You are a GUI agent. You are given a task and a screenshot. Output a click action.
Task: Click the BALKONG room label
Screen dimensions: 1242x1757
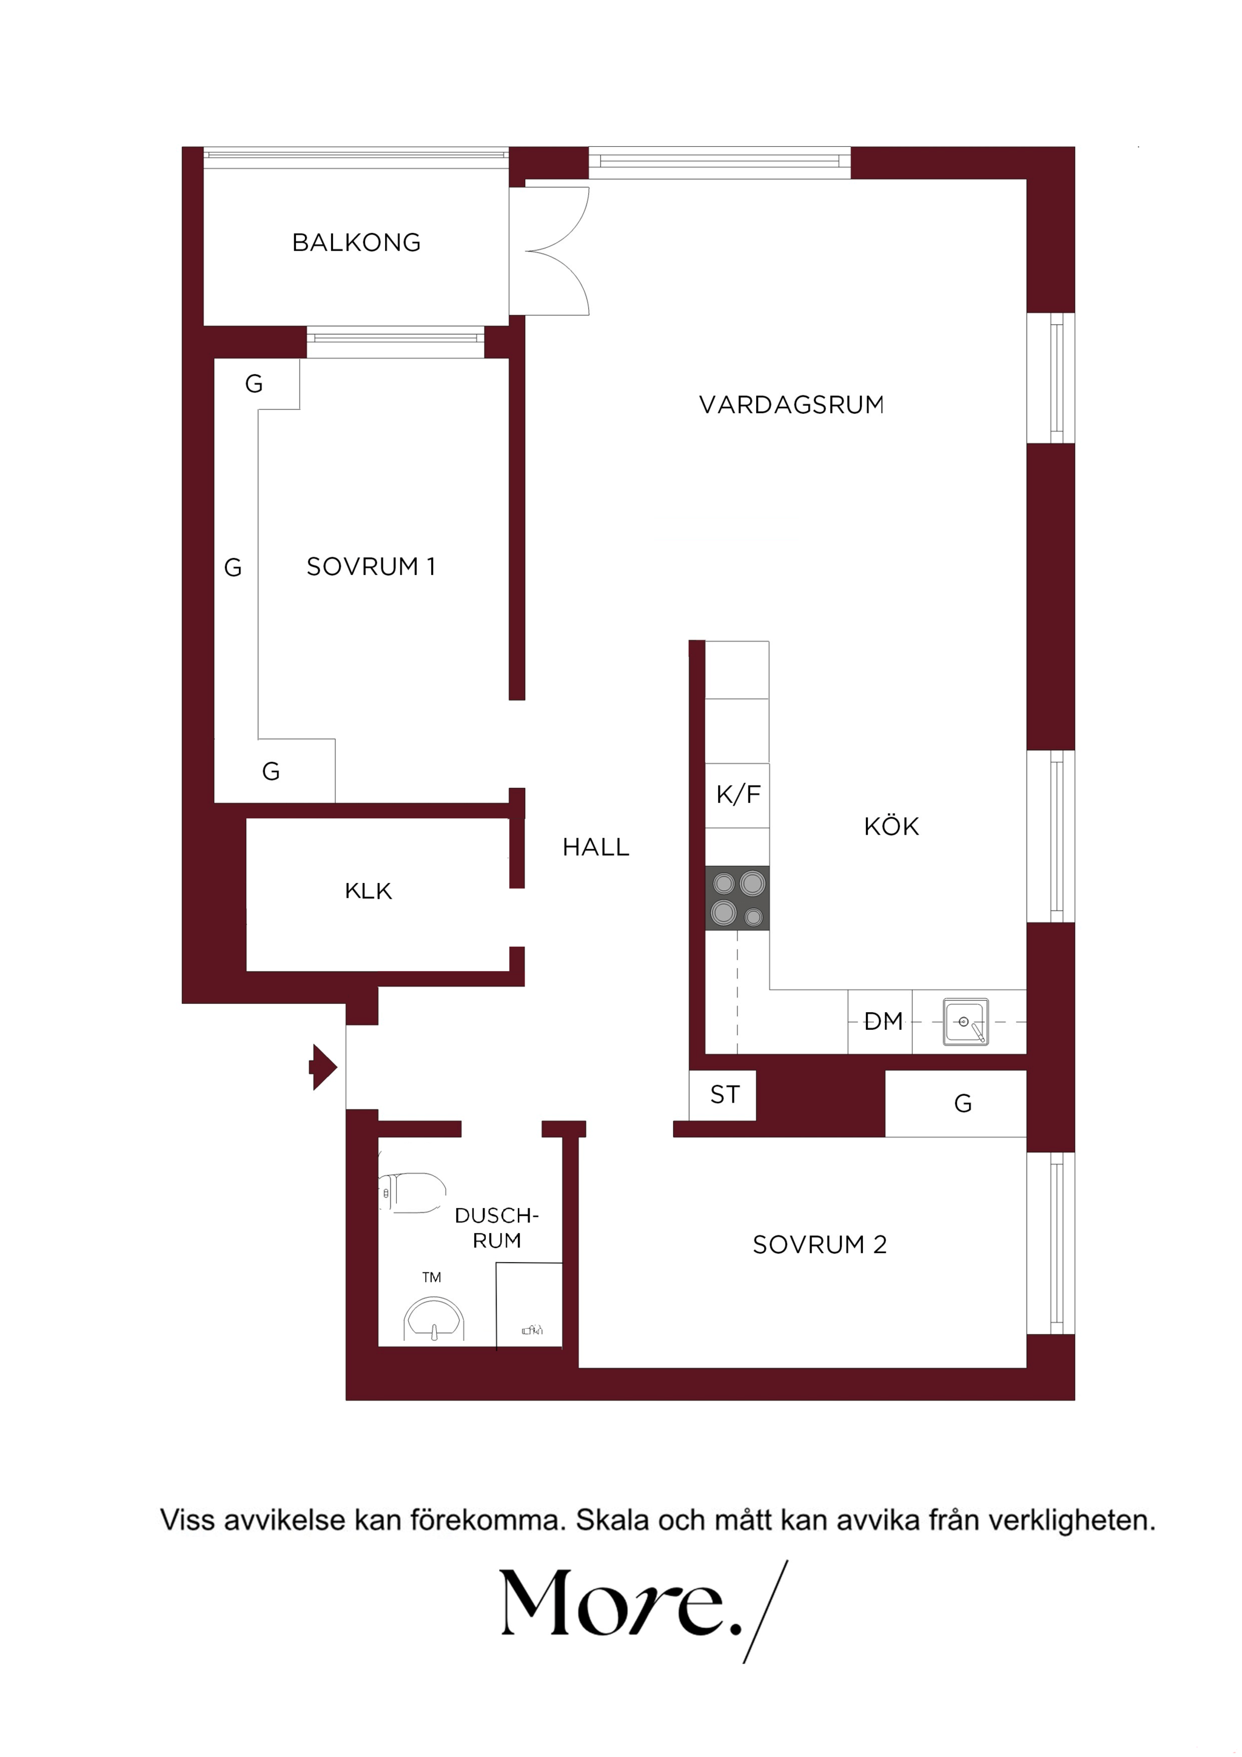[x=357, y=243]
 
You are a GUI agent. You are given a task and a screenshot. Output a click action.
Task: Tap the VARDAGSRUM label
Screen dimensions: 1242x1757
[x=791, y=405]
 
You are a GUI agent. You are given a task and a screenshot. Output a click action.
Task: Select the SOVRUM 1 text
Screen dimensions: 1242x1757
[x=371, y=566]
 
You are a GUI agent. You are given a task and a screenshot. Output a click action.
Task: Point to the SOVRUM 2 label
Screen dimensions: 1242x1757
[x=819, y=1245]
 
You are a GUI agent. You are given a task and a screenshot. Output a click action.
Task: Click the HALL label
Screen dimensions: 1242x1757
[x=596, y=847]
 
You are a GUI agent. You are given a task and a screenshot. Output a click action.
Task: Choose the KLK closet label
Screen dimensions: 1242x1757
[x=368, y=891]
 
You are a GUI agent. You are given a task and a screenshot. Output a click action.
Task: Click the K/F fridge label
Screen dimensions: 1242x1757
[x=739, y=795]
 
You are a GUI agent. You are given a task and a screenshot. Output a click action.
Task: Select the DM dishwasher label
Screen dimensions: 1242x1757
[x=884, y=1021]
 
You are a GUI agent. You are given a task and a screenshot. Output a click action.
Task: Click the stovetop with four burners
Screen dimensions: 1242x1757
[x=737, y=898]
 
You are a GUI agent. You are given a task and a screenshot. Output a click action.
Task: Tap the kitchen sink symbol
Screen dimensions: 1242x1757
[x=965, y=1021]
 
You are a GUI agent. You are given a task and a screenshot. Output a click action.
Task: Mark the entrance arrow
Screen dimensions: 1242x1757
[x=323, y=1066]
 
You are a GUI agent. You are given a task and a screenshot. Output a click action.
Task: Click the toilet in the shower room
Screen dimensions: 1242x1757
[x=412, y=1192]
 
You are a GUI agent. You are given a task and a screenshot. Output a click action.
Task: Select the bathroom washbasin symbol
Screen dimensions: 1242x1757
[x=434, y=1318]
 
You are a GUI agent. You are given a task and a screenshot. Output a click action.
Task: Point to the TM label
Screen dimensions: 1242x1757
[x=432, y=1277]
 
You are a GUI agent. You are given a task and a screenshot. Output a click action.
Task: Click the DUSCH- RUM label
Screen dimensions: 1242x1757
[x=497, y=1228]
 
